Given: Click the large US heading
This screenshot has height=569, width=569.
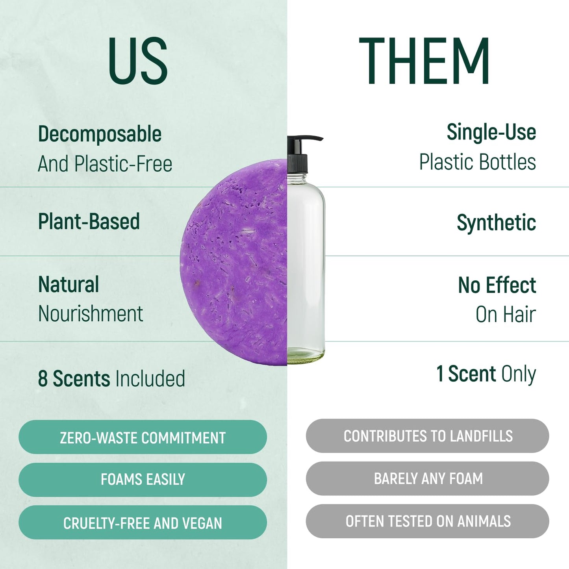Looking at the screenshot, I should tap(138, 61).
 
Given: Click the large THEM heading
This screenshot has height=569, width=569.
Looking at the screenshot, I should tap(424, 61).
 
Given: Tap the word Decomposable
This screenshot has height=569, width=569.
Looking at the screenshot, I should tap(100, 134).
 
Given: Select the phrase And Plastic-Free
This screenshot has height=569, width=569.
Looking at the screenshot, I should tap(105, 164).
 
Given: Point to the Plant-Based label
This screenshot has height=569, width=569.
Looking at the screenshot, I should tap(89, 221).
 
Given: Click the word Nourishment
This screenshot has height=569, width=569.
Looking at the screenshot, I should tap(91, 314).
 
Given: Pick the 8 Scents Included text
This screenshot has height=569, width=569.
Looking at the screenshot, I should tap(111, 378).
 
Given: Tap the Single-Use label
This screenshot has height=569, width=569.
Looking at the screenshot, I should tap(491, 132).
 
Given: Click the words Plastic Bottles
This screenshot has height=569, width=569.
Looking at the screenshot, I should tap(477, 162).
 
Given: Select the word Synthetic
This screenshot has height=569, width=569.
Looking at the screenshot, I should tap(496, 223).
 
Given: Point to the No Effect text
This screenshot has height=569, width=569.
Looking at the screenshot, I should tap(497, 285).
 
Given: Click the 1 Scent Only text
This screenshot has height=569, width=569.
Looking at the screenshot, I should tap(486, 374).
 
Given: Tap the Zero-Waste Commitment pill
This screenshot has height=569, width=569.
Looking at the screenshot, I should tap(143, 437).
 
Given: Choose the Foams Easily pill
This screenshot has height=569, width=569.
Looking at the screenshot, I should tap(143, 480).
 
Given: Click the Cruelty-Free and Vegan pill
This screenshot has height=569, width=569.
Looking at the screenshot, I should tap(143, 523).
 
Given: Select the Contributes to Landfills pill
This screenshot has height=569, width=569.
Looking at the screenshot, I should tap(428, 436).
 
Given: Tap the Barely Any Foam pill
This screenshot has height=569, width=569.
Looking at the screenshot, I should tap(428, 478).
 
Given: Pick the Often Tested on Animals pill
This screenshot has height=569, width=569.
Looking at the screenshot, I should tap(428, 521).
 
